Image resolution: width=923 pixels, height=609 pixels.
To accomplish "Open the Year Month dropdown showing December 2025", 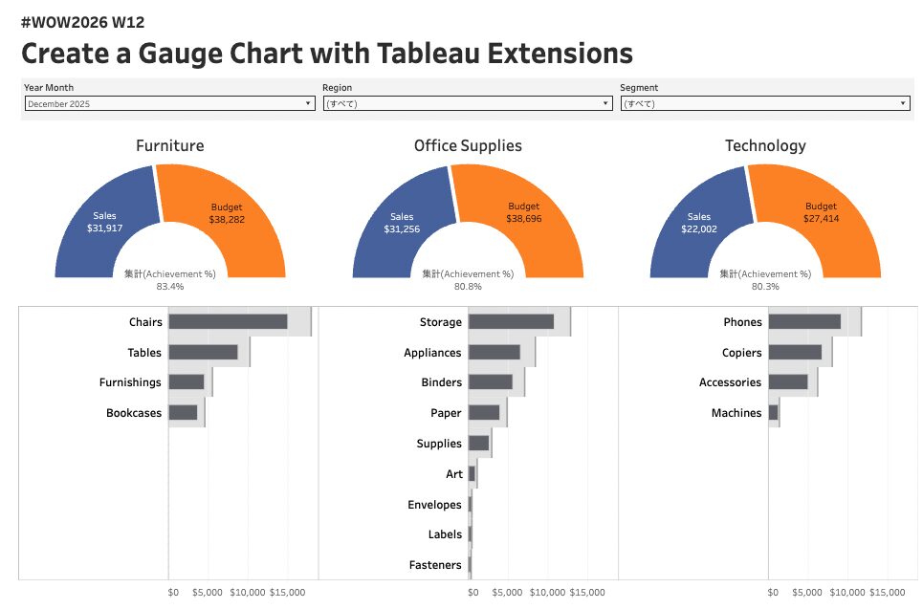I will click(x=169, y=103).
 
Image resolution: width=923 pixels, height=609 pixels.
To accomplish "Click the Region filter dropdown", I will click(x=467, y=103).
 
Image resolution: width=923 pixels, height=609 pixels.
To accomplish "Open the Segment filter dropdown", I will click(x=764, y=103).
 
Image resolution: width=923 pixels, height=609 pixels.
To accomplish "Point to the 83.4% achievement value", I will click(x=170, y=286).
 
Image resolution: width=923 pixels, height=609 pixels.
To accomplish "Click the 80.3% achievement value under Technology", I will click(x=765, y=286).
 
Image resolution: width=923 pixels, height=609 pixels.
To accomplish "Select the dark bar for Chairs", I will click(x=228, y=322).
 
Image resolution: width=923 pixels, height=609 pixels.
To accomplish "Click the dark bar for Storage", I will click(x=511, y=322).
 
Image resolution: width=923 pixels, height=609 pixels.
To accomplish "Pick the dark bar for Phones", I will click(x=804, y=322).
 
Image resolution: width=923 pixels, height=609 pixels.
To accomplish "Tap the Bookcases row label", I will click(x=134, y=413).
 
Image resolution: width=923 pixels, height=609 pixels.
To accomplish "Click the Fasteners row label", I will click(x=435, y=565).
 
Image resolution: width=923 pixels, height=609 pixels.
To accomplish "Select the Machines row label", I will click(x=736, y=413).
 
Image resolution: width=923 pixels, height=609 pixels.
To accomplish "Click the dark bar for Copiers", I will click(x=795, y=353).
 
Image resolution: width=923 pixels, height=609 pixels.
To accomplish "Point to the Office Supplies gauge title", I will click(x=468, y=145).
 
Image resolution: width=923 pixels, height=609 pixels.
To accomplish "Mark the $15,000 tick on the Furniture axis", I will click(x=287, y=593).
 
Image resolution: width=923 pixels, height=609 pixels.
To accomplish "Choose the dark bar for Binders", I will click(x=491, y=382).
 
